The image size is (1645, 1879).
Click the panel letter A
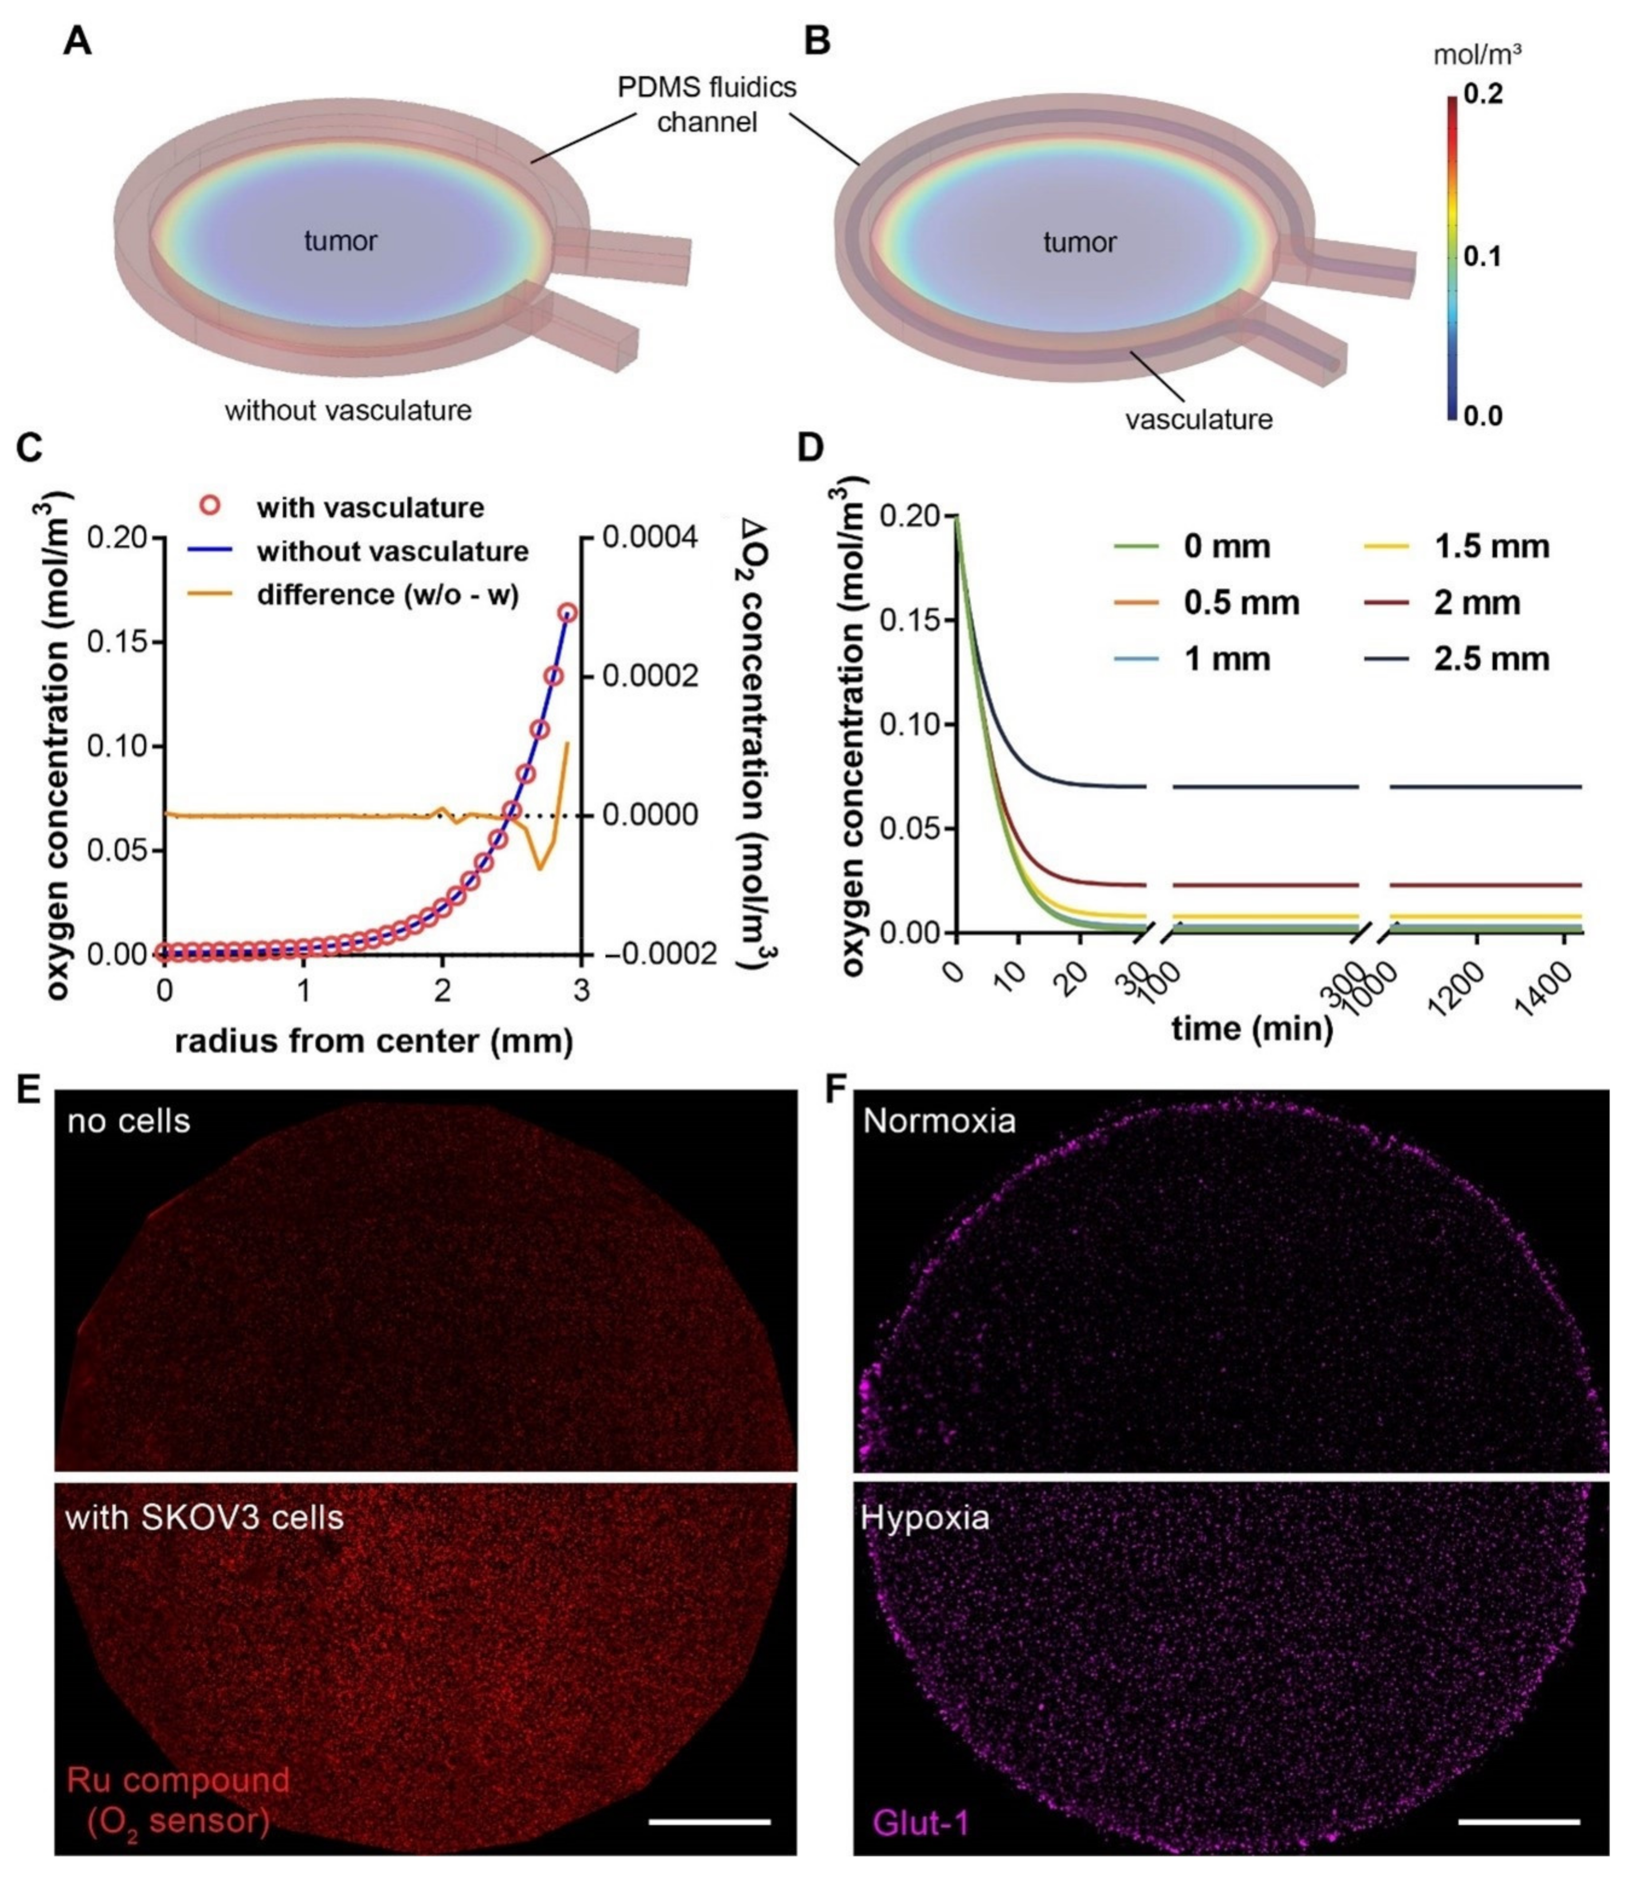click(77, 41)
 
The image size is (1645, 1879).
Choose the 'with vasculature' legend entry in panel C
click(370, 508)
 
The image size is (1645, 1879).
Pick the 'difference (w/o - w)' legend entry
click(387, 595)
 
